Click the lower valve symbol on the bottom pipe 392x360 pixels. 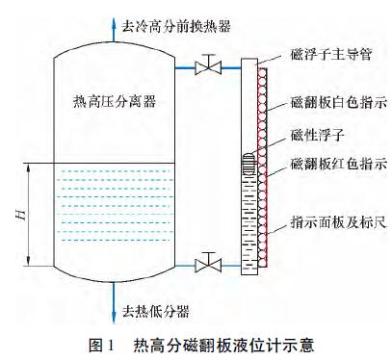pyautogui.click(x=205, y=263)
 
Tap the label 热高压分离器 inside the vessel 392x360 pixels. pyautogui.click(x=114, y=100)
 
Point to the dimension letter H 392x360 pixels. pyautogui.click(x=20, y=214)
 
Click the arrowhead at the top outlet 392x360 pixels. pyautogui.click(x=115, y=13)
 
